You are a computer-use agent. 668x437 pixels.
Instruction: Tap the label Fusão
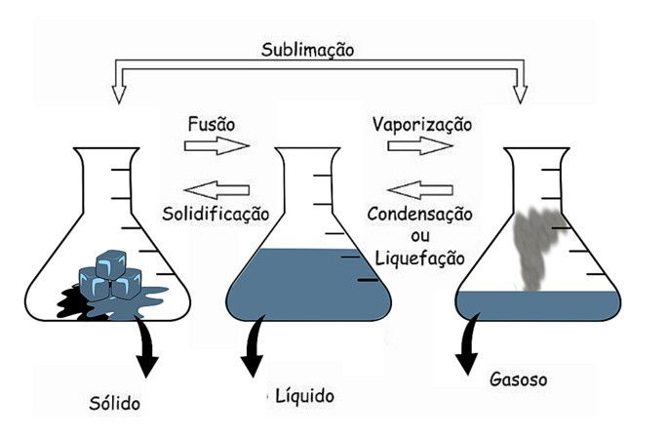click(x=211, y=124)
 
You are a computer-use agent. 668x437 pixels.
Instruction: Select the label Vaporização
click(x=421, y=124)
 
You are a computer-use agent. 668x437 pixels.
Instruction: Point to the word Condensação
click(x=420, y=213)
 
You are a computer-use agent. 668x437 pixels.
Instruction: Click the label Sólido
click(x=113, y=403)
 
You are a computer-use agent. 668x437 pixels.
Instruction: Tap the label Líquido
click(x=302, y=396)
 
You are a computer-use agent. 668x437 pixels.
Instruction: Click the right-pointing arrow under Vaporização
click(x=419, y=146)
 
